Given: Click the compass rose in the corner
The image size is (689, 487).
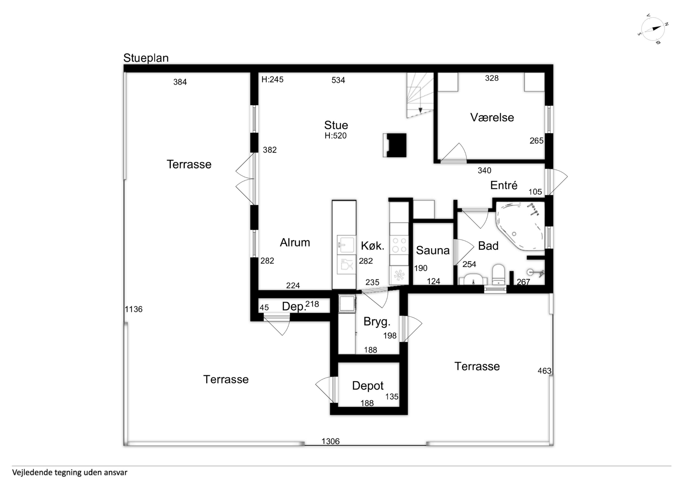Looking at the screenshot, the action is pyautogui.click(x=653, y=29).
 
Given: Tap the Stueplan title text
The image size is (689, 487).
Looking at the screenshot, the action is pyautogui.click(x=146, y=58).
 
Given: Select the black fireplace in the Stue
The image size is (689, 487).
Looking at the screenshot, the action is pyautogui.click(x=395, y=145).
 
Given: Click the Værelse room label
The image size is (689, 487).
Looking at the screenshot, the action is pyautogui.click(x=492, y=117).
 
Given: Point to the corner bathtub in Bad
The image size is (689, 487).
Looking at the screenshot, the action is pyautogui.click(x=520, y=226).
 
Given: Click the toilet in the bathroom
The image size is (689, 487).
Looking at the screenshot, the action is pyautogui.click(x=498, y=274).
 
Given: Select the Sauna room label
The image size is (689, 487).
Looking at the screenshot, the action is pyautogui.click(x=433, y=250).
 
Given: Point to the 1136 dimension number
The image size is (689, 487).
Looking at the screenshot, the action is pyautogui.click(x=134, y=309).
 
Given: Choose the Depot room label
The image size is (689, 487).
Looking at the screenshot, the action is pyautogui.click(x=368, y=386).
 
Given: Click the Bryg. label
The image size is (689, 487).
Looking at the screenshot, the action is pyautogui.click(x=377, y=322).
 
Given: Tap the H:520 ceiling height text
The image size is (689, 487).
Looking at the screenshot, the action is pyautogui.click(x=336, y=136).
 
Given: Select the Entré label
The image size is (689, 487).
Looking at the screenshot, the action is pyautogui.click(x=504, y=185).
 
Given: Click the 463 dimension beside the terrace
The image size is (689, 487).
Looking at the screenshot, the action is pyautogui.click(x=544, y=371).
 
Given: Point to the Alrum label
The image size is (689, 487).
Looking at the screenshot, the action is pyautogui.click(x=295, y=242).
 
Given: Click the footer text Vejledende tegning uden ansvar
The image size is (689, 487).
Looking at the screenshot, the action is pyautogui.click(x=70, y=473).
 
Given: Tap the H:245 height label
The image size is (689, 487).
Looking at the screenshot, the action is pyautogui.click(x=272, y=80).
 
